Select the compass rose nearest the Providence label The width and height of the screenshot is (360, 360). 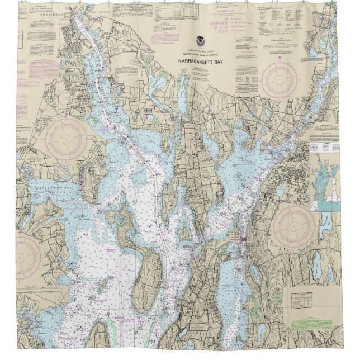coord(66,138)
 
